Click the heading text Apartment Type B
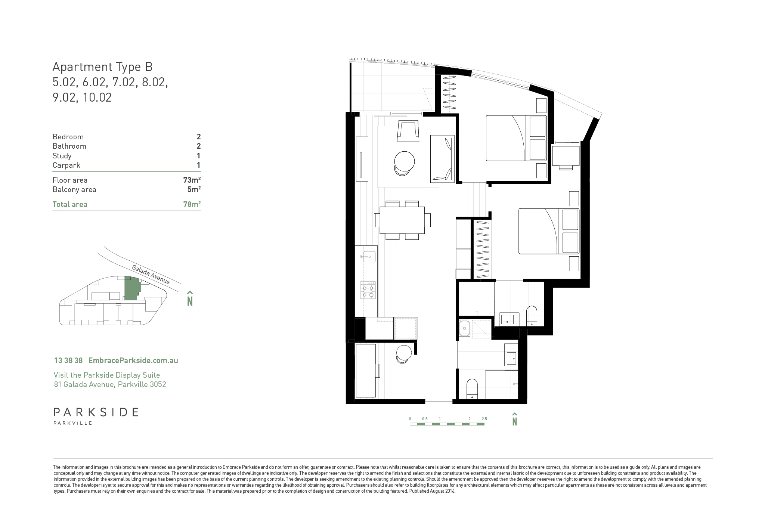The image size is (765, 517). coord(102,67)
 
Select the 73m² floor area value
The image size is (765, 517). coord(192,180)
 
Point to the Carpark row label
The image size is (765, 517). coord(66,165)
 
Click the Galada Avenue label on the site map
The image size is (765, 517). coord(151,275)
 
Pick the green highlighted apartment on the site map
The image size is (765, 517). coord(131,288)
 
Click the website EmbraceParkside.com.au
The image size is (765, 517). coord(133,360)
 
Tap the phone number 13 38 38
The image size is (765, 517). coord(68,360)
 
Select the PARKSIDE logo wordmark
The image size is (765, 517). coord(96,412)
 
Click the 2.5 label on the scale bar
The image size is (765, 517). coord(484,419)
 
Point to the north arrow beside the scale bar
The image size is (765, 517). coord(514,419)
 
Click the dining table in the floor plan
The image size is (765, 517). coord(402,220)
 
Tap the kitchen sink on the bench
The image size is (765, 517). coord(368,257)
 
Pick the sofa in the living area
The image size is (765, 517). coord(442,159)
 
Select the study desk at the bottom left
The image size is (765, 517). coord(366,371)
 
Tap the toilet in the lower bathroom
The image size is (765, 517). coord(472,389)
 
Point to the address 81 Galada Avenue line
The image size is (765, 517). coord(110,384)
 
